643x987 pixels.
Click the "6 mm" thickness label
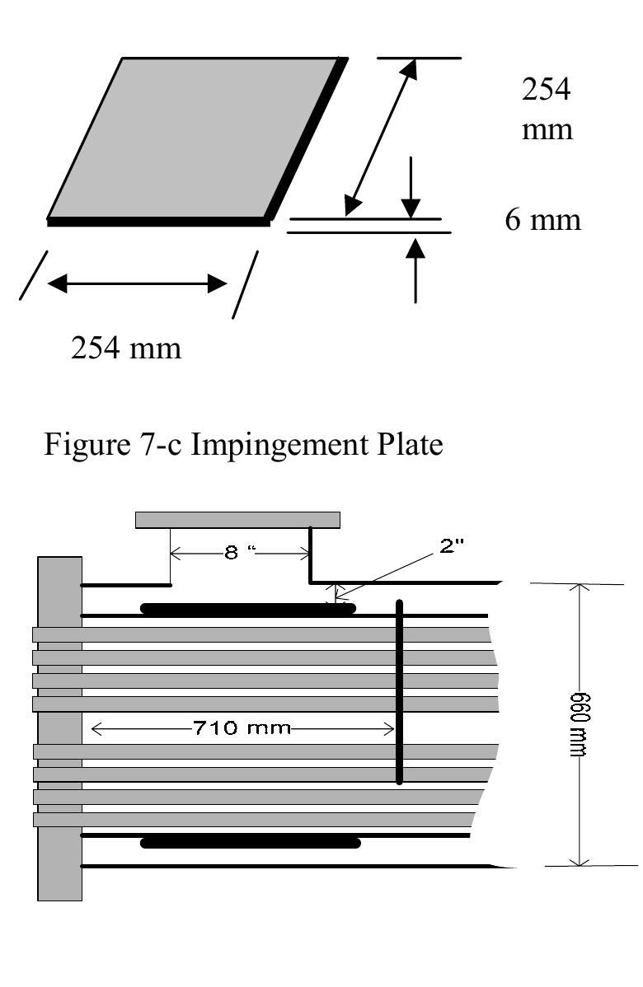click(542, 221)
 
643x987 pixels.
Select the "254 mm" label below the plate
click(126, 348)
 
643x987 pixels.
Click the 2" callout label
click(453, 547)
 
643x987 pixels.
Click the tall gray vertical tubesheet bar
click(59, 729)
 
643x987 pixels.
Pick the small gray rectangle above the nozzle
click(237, 520)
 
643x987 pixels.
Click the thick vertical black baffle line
click(400, 692)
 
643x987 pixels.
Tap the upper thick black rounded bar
click(247, 609)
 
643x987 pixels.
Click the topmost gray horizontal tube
click(264, 635)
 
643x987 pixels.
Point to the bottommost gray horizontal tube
click(256, 820)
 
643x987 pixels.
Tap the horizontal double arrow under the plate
click(137, 284)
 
